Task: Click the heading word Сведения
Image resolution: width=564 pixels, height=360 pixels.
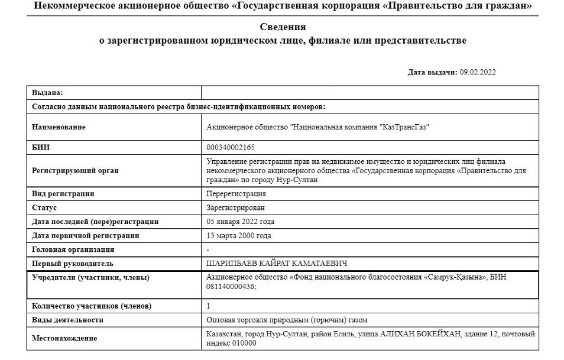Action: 283,27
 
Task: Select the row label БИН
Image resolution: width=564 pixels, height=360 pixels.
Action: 41,147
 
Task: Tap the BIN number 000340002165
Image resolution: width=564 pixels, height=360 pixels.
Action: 231,147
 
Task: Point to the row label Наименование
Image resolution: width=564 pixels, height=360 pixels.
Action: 59,127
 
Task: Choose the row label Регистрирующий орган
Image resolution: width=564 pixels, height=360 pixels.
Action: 75,170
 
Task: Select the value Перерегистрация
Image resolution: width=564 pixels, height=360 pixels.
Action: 236,193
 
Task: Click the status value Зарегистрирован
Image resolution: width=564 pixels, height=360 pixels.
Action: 236,207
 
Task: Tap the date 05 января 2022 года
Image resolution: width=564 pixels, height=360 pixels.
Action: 240,222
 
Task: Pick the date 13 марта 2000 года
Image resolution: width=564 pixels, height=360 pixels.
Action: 239,235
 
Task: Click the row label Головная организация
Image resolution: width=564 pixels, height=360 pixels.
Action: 73,249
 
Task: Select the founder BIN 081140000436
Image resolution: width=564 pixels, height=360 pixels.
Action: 231,287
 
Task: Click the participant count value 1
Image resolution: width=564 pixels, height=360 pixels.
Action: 209,306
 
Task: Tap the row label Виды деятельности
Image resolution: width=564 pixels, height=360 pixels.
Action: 67,320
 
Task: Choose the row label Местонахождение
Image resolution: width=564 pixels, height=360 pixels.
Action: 65,338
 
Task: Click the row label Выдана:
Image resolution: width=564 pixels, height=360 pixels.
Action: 47,93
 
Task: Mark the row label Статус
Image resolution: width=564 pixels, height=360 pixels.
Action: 44,207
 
